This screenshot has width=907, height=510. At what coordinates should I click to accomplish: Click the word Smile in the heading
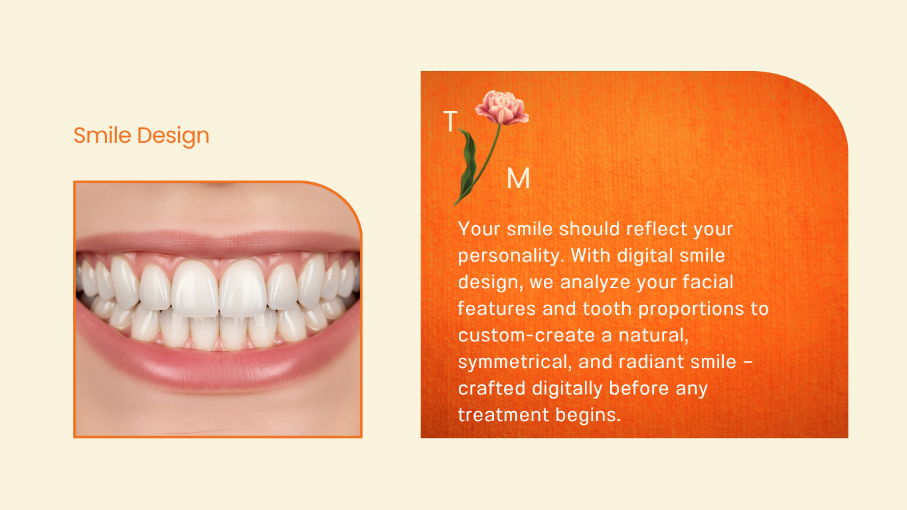(102, 135)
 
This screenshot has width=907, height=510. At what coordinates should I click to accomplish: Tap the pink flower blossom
(502, 107)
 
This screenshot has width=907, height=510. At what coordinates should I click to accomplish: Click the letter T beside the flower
(450, 121)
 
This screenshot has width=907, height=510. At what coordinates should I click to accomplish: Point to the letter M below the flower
(519, 178)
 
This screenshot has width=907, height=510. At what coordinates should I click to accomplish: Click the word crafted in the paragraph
(491, 388)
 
